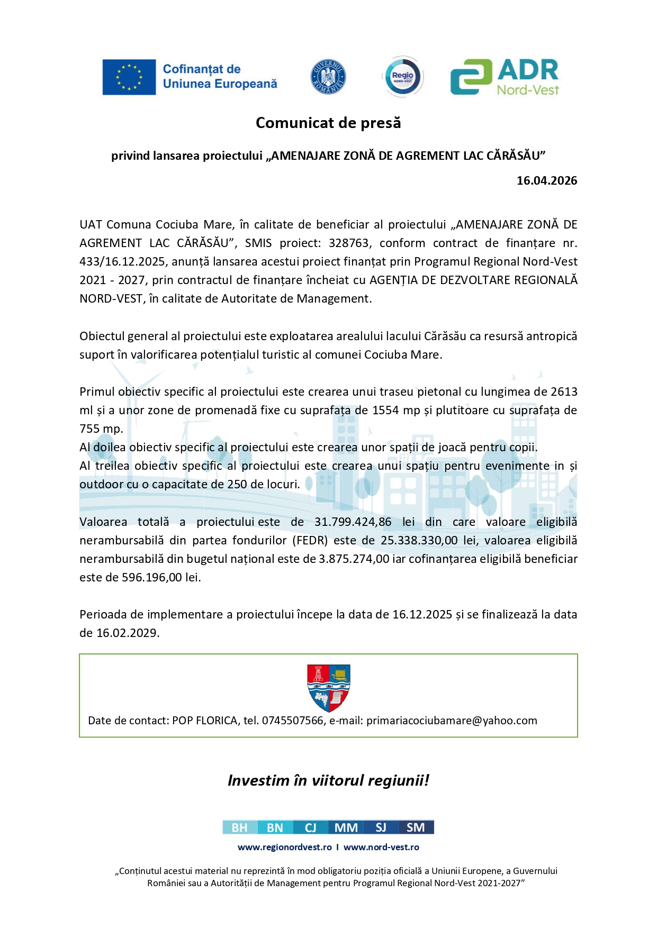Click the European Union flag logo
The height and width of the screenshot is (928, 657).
[x=129, y=77]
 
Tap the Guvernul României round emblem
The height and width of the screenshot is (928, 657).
[x=328, y=77]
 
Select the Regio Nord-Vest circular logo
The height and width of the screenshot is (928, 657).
[x=403, y=77]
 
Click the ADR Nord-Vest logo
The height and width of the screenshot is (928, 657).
[x=505, y=77]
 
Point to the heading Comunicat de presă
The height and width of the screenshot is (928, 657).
[x=328, y=123]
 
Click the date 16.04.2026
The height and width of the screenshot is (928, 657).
[x=546, y=180]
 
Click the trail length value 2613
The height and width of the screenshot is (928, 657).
[x=564, y=392]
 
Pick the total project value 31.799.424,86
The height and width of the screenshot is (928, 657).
[x=353, y=522]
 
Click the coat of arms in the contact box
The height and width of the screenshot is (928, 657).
[x=329, y=688]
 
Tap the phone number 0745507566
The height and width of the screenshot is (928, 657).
[x=292, y=721]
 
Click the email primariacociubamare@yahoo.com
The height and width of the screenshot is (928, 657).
[x=452, y=721]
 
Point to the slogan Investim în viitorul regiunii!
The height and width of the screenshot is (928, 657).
[x=328, y=780]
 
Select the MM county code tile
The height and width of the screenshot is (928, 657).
[x=346, y=827]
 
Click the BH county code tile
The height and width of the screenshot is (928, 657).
[x=240, y=827]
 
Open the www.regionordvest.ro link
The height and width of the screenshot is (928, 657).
[x=285, y=847]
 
